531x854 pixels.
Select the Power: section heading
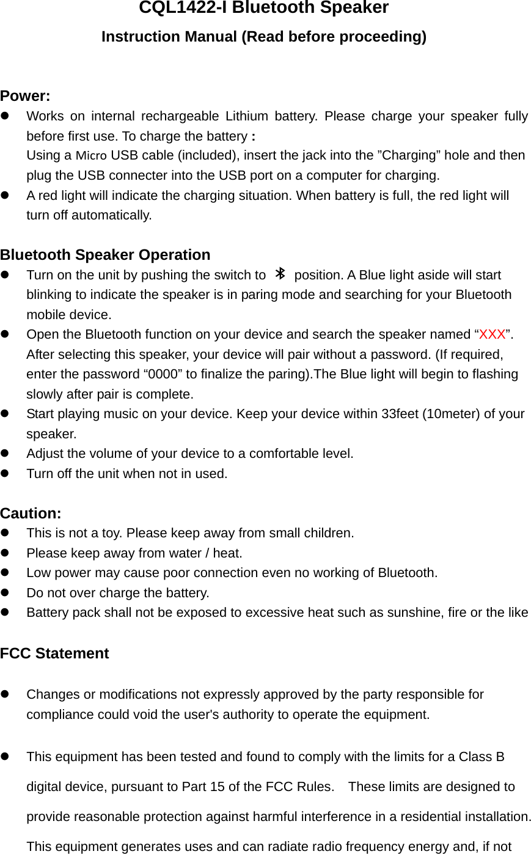click(25, 96)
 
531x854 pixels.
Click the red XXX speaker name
click(493, 334)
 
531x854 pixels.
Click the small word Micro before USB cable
click(92, 155)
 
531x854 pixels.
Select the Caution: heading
click(31, 513)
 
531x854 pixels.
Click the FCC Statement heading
click(54, 653)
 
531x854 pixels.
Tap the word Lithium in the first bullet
click(246, 116)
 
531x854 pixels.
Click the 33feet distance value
click(400, 414)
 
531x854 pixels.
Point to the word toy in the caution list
click(112, 533)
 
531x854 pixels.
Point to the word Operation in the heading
click(175, 254)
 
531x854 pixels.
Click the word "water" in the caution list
click(185, 553)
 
